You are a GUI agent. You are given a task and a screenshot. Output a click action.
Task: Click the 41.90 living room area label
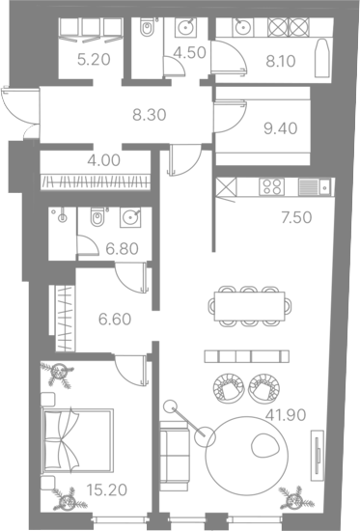tap(286, 414)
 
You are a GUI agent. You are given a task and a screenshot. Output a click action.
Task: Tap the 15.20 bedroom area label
tap(107, 489)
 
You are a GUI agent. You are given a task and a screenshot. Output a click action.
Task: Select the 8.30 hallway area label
tap(149, 115)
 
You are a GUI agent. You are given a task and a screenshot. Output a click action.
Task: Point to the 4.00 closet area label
tap(103, 160)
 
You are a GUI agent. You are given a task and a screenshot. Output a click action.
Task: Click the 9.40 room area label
tap(281, 128)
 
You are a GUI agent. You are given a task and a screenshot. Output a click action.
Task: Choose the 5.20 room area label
tap(94, 60)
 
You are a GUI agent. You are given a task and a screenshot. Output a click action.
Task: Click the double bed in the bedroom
tap(77, 440)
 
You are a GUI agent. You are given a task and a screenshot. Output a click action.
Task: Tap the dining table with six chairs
tap(250, 306)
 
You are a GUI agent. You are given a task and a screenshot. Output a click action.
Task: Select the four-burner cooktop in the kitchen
tap(271, 186)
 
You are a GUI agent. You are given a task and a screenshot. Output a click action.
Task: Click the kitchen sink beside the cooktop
tap(317, 187)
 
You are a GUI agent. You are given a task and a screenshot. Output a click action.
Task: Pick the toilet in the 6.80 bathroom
tap(97, 216)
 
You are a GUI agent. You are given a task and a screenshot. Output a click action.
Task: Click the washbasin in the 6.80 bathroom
tap(130, 217)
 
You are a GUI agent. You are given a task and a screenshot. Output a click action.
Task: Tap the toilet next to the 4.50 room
tap(147, 27)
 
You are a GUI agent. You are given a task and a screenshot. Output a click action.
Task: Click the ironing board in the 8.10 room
tap(321, 58)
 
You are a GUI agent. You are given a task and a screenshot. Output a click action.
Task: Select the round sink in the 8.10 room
tap(243, 27)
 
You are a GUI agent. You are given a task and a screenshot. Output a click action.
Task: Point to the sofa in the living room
tap(174, 456)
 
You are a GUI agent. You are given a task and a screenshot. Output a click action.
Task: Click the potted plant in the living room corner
tap(295, 498)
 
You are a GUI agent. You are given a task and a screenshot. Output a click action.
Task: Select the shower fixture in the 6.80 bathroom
tap(61, 215)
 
